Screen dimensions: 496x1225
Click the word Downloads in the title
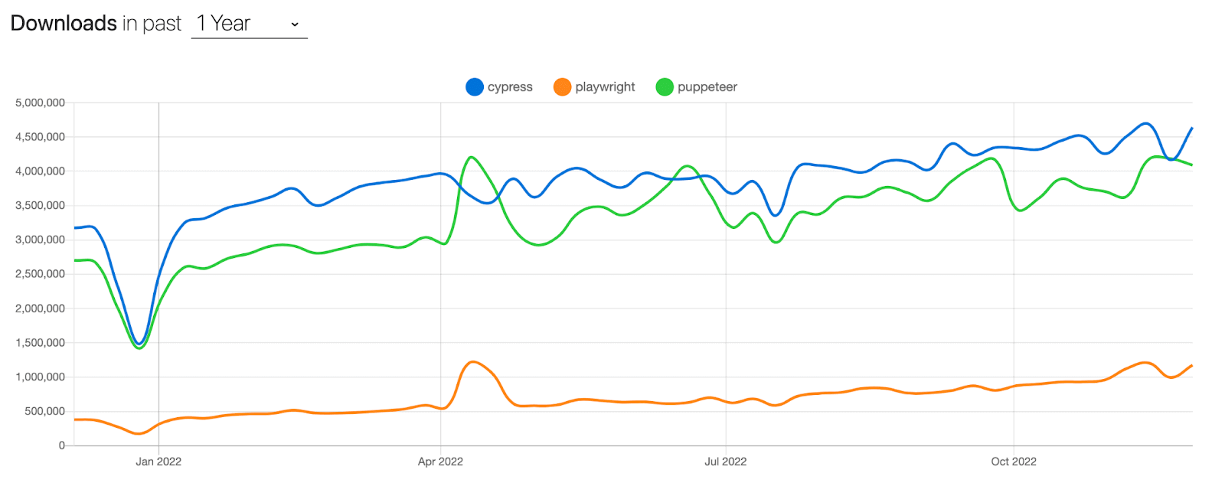(64, 24)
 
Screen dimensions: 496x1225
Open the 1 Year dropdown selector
(249, 24)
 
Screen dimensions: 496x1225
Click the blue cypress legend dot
(475, 87)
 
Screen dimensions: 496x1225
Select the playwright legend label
(605, 87)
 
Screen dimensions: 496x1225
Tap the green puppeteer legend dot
(665, 87)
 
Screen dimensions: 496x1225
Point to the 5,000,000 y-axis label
(40, 103)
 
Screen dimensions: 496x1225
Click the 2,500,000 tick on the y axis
(40, 274)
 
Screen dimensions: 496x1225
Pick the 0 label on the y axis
(62, 445)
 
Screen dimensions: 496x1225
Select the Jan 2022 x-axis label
(158, 462)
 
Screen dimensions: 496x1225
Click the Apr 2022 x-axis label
(440, 462)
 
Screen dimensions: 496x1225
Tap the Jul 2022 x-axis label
(725, 462)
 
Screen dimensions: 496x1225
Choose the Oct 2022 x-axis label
(1014, 462)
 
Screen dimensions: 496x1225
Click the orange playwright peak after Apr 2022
(473, 362)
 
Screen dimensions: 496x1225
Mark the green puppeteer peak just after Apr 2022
(471, 158)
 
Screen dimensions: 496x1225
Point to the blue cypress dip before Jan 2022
(139, 343)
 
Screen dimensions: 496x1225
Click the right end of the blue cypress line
(1191, 129)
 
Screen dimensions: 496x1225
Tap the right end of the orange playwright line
(1191, 366)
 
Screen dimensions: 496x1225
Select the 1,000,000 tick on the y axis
(40, 377)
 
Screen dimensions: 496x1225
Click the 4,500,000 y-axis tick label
(40, 137)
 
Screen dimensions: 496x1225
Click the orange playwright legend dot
(563, 87)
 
